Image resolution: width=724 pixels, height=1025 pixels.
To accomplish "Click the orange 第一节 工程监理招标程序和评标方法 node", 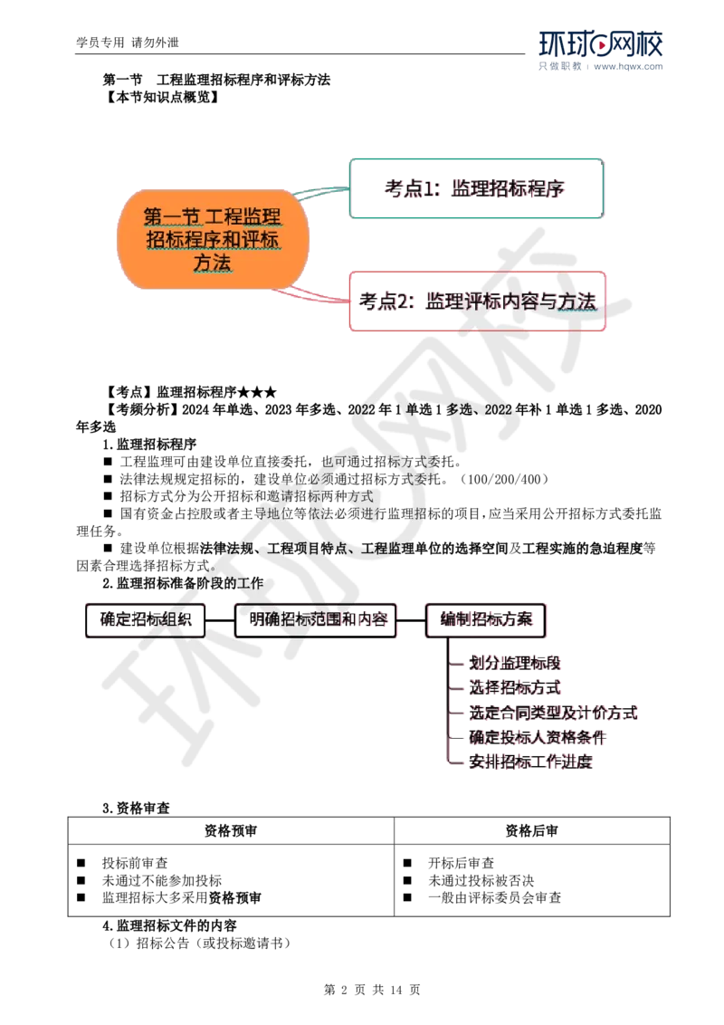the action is pos(214,239).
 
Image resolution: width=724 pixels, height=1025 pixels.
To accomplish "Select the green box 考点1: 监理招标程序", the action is pos(476,189).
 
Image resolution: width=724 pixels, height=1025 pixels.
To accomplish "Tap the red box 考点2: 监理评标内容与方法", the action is pos(476,302).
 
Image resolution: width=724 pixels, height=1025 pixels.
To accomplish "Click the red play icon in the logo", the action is pos(601,44).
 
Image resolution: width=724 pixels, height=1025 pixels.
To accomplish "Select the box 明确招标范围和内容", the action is pos(315,619).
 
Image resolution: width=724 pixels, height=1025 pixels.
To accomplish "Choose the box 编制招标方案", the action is pos(488,619).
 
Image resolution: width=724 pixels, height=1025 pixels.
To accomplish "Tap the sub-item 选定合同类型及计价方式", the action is pos(555,713).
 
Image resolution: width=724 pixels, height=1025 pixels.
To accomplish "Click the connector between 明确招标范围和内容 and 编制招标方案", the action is pos(412,619).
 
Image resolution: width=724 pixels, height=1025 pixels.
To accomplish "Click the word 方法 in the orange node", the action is pos(214,263).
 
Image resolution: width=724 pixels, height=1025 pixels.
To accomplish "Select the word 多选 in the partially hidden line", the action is pos(459,410).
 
